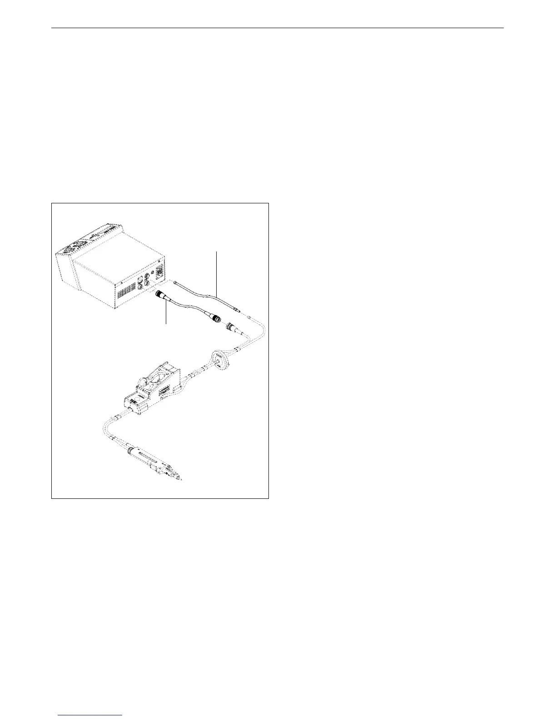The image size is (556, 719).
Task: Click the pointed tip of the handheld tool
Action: (x=182, y=479)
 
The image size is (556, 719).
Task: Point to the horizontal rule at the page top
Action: (x=277, y=28)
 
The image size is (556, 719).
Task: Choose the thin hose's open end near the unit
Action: (x=175, y=282)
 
